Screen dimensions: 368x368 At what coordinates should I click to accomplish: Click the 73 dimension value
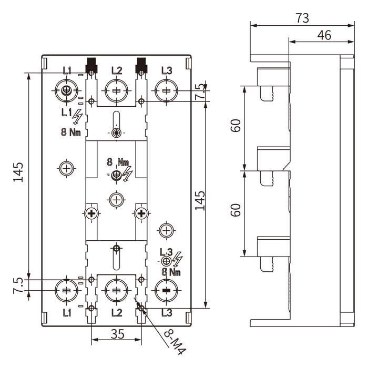(302, 17)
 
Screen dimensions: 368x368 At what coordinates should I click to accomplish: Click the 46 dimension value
(324, 35)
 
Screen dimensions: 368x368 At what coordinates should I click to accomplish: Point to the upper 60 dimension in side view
(236, 127)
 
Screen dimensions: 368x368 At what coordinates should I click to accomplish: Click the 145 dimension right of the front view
(200, 200)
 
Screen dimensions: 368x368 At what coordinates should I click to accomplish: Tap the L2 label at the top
(117, 70)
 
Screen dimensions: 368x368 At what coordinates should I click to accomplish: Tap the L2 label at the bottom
(117, 312)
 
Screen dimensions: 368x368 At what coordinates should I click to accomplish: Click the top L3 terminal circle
(166, 90)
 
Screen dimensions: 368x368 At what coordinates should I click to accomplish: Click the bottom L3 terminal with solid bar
(166, 290)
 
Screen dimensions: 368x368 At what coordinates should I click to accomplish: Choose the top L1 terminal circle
(66, 90)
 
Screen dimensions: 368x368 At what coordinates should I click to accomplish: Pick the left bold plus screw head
(92, 213)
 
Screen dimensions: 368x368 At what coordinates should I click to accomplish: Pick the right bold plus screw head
(140, 213)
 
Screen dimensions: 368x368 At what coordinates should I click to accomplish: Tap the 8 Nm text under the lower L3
(171, 272)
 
